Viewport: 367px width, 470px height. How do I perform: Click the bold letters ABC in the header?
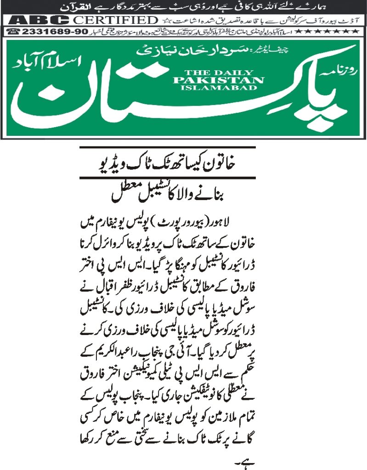[39, 20]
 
